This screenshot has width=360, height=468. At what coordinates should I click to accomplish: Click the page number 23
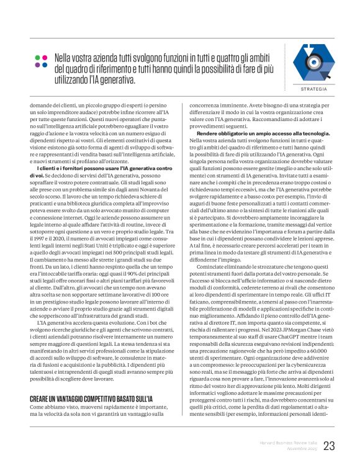pos(329,445)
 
